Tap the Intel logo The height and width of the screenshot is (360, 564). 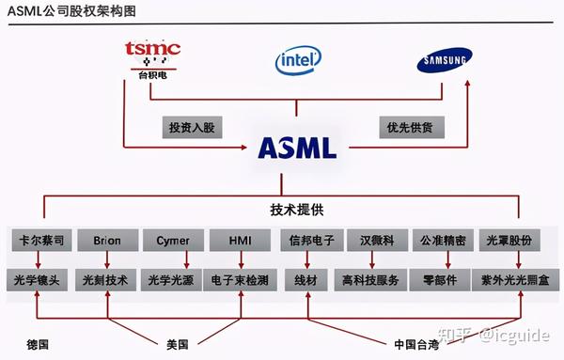click(298, 61)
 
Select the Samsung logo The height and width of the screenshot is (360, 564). click(443, 63)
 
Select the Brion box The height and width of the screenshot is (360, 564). click(106, 241)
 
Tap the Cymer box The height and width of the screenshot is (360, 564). click(173, 241)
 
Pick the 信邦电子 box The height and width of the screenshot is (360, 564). click(309, 241)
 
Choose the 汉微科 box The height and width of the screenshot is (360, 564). click(377, 241)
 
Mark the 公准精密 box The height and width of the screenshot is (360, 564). click(444, 241)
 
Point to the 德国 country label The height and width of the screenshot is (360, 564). click(38, 343)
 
